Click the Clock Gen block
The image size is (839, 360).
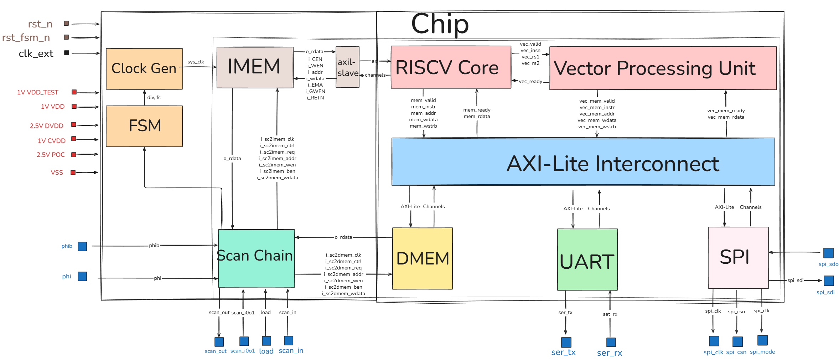(x=144, y=69)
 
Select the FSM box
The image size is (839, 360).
(x=144, y=126)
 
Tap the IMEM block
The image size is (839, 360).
(x=255, y=67)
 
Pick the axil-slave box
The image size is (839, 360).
(x=347, y=67)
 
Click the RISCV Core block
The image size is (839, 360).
(x=451, y=67)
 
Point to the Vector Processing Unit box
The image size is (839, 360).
(x=663, y=68)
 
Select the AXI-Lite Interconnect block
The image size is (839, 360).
(x=583, y=162)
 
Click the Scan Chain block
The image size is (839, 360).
(x=256, y=258)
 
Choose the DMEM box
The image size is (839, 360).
(x=422, y=258)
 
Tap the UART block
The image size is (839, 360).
(x=587, y=259)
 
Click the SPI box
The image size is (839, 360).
(x=738, y=257)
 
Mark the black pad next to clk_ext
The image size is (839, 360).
(x=66, y=53)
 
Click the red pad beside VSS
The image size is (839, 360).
(x=73, y=173)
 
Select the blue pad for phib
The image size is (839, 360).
(x=82, y=246)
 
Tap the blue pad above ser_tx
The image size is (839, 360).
(x=566, y=342)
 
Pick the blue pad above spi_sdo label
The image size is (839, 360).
(x=828, y=253)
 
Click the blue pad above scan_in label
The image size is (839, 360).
(x=289, y=340)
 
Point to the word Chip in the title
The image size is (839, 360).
(x=440, y=24)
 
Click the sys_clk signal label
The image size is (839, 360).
(x=196, y=62)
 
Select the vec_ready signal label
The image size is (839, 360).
(x=530, y=81)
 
